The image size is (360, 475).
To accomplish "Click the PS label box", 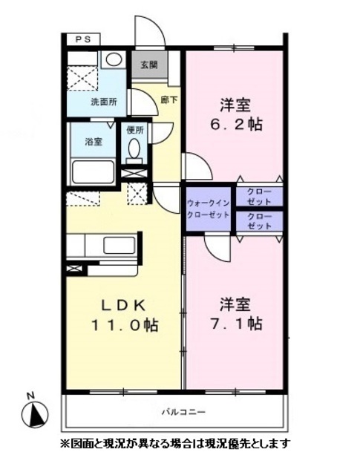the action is pyautogui.click(x=83, y=39).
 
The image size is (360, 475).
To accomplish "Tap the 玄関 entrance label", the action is pyautogui.click(x=148, y=65).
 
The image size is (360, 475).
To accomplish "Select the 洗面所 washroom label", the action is pyautogui.click(x=104, y=102).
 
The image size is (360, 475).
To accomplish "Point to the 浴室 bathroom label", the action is pyautogui.click(x=94, y=142).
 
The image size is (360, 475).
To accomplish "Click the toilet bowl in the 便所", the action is pyautogui.click(x=134, y=148).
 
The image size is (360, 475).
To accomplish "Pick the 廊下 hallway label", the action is pyautogui.click(x=169, y=99).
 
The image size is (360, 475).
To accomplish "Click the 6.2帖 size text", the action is pyautogui.click(x=236, y=124).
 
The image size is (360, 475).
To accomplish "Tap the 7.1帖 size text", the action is pyautogui.click(x=236, y=324).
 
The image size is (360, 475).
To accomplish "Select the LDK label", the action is pyautogui.click(x=123, y=306).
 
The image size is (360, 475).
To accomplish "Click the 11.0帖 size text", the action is pyautogui.click(x=125, y=325).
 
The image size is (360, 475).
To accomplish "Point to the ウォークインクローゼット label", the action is pyautogui.click(x=208, y=209).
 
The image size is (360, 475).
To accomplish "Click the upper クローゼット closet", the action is pyautogui.click(x=259, y=196).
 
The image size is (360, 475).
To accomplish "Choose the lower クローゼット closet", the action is pyautogui.click(x=259, y=221).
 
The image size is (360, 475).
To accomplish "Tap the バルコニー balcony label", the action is pyautogui.click(x=183, y=412).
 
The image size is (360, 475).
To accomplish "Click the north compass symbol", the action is pyautogui.click(x=35, y=415).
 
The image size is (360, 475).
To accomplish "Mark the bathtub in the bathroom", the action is pyautogui.click(x=94, y=171).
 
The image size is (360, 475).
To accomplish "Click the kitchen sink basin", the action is pyautogui.click(x=120, y=246).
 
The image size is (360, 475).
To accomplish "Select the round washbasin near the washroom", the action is pyautogui.click(x=114, y=59).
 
